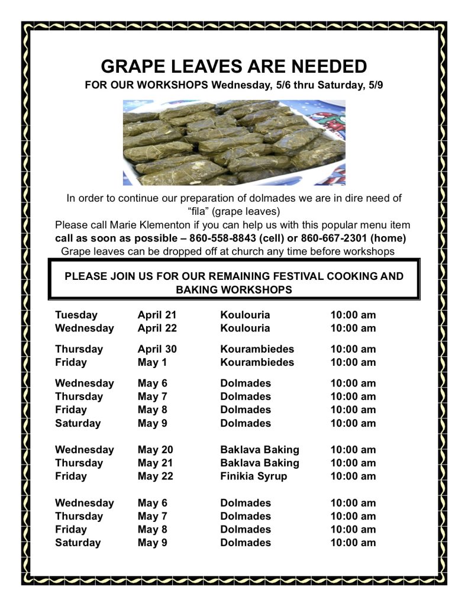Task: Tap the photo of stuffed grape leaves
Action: (x=234, y=143)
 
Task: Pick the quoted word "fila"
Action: (x=199, y=211)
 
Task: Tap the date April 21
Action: (x=157, y=315)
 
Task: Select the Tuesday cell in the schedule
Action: (x=76, y=315)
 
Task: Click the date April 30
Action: (x=157, y=349)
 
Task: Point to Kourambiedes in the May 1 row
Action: (x=257, y=362)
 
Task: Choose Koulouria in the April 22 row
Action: (x=245, y=328)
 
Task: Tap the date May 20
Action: (x=155, y=450)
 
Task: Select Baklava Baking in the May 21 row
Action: (x=260, y=463)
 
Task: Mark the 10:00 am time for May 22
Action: (x=353, y=476)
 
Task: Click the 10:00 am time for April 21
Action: (x=353, y=315)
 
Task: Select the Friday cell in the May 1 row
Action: (x=71, y=362)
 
